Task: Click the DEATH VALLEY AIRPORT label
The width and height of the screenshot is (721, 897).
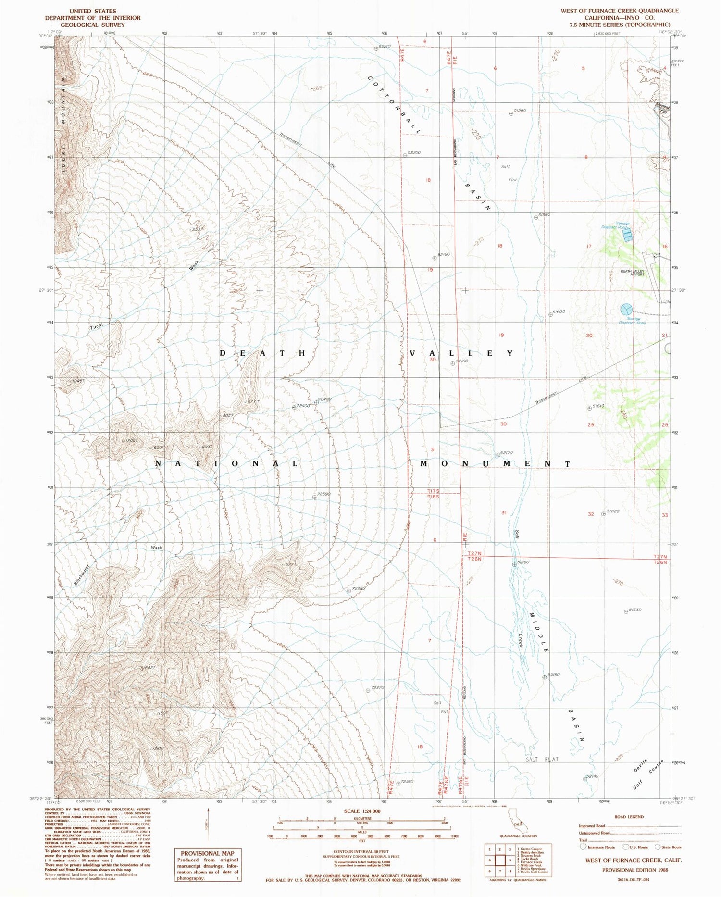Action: [632, 273]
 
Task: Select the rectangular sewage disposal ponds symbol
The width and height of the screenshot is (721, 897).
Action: [627, 235]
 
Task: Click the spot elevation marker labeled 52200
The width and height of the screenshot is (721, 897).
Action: [405, 155]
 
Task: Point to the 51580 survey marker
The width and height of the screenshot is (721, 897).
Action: [511, 114]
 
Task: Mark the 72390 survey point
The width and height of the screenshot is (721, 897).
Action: [314, 498]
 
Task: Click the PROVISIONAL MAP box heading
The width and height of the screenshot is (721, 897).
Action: [207, 853]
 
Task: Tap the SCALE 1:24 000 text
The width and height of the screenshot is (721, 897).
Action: [362, 811]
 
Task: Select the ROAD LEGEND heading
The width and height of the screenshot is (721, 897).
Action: [629, 817]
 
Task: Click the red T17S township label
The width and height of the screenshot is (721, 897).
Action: [433, 491]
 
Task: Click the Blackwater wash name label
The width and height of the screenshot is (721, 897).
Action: [82, 573]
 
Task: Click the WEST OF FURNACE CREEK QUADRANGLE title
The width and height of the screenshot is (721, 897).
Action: [620, 11]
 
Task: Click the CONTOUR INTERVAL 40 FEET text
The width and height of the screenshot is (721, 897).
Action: [362, 851]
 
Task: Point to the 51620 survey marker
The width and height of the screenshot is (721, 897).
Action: [604, 514]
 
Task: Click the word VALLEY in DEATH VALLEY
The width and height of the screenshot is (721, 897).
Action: [462, 353]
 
